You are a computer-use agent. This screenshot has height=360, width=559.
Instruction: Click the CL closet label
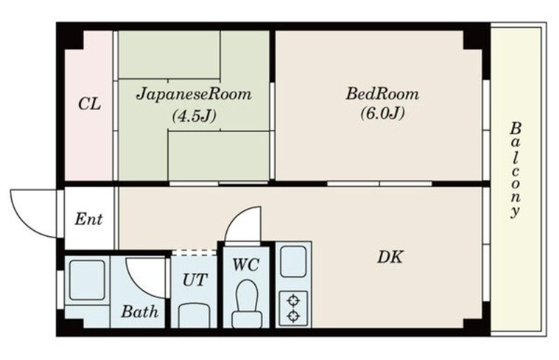tap(89, 104)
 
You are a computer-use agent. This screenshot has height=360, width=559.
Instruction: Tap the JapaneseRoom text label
tap(194, 94)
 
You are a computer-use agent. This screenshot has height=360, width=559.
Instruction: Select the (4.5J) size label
tap(194, 116)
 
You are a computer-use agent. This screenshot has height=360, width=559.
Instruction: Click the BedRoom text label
tap(382, 94)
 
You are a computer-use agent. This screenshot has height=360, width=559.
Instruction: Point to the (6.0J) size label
tap(382, 113)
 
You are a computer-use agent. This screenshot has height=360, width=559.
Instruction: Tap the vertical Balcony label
tap(515, 170)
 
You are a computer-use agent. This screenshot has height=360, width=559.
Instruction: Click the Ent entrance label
tap(89, 219)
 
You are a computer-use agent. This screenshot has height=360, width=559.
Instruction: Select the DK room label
tap(390, 257)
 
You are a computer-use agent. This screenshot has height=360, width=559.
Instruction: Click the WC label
tap(246, 265)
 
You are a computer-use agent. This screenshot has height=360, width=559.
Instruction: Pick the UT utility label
tap(195, 280)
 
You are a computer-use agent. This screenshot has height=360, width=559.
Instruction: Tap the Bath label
tap(140, 312)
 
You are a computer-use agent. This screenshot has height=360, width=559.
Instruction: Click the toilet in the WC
tap(247, 303)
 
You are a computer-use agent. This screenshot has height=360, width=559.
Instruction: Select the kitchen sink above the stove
tap(293, 261)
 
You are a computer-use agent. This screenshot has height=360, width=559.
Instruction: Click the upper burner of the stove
tap(293, 301)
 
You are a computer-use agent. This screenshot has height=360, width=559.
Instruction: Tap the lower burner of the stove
tap(293, 316)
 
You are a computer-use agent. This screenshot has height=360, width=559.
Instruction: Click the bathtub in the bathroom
tap(87, 280)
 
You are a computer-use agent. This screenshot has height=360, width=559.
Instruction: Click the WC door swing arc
tap(235, 217)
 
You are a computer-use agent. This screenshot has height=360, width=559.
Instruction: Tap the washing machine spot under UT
tap(194, 316)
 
